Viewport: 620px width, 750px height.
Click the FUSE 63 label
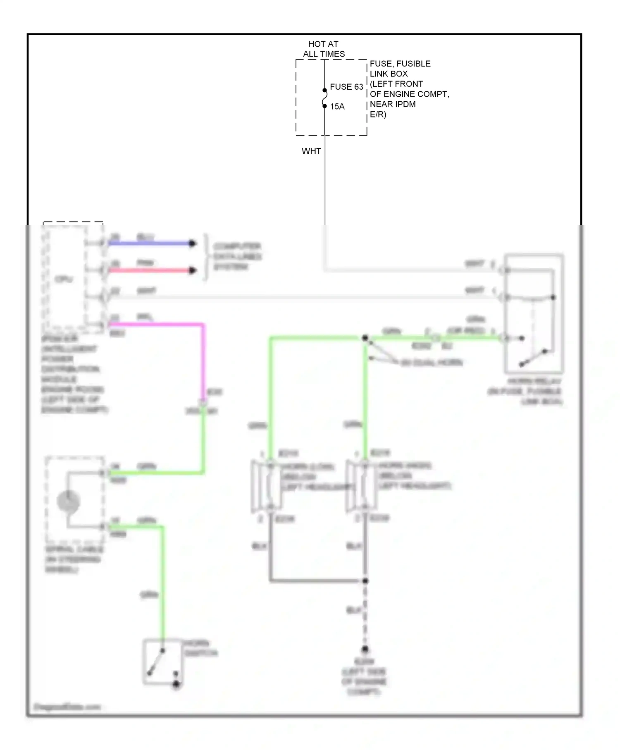[346, 87]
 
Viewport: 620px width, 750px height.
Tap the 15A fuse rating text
[337, 107]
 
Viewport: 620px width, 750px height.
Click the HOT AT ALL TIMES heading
[324, 49]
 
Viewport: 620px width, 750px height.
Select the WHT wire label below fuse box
[311, 151]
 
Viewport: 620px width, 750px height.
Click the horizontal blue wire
[149, 244]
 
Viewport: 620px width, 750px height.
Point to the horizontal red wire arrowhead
[192, 271]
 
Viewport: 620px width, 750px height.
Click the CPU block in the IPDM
[64, 279]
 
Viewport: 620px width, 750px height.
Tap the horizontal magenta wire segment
[157, 325]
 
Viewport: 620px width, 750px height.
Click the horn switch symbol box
[163, 662]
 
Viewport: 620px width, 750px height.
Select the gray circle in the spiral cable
[69, 502]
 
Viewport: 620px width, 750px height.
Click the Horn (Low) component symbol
[267, 486]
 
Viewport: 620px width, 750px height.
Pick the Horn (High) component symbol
[361, 486]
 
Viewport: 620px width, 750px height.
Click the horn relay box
[534, 314]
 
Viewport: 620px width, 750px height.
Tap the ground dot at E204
[365, 649]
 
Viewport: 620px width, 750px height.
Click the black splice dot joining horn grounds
[365, 581]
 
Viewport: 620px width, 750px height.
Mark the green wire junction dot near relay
[365, 338]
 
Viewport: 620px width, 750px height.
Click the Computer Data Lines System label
[237, 257]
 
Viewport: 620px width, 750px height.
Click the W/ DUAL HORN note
[432, 363]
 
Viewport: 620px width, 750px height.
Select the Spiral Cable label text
[74, 559]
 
